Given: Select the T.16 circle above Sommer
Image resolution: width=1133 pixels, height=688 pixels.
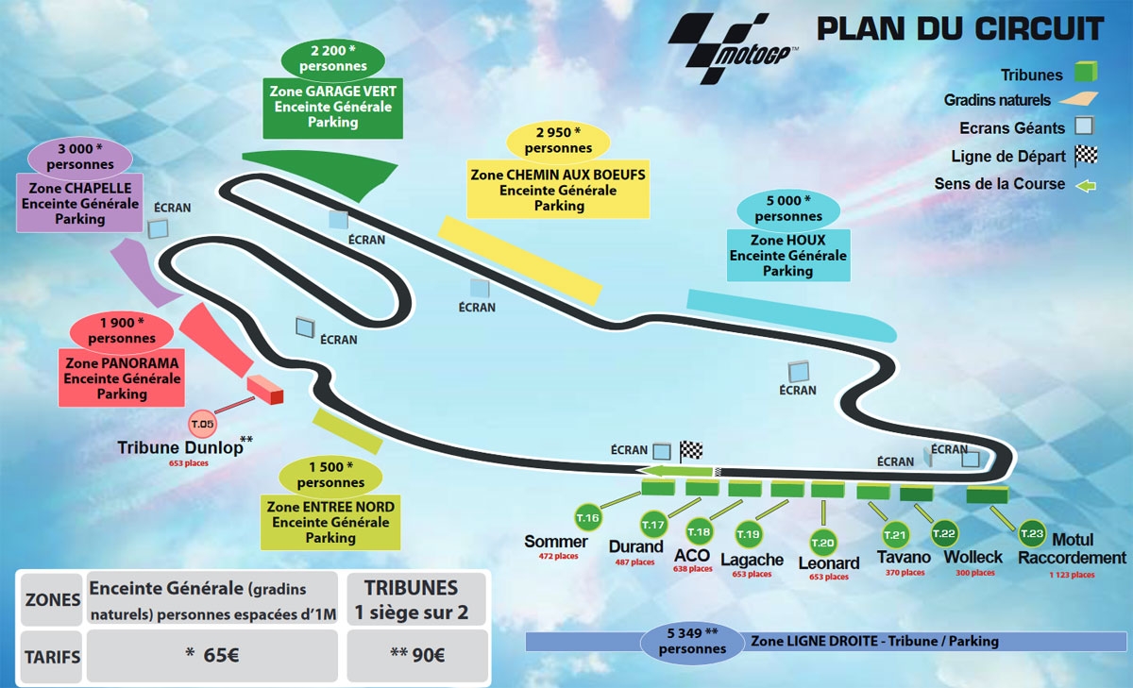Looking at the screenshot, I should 588,517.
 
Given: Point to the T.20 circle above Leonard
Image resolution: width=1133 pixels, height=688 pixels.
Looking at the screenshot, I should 823,542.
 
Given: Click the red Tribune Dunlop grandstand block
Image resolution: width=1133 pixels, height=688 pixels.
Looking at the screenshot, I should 265,390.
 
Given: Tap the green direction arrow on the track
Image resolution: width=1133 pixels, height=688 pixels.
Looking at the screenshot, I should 674,471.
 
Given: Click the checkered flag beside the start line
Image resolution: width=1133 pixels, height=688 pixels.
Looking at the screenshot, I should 692,450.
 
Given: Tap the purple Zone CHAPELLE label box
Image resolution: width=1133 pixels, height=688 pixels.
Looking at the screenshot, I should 79,203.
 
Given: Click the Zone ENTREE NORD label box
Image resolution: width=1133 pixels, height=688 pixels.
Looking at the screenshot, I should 330,522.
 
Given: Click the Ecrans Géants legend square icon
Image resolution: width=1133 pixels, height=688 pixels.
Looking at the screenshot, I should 1083,127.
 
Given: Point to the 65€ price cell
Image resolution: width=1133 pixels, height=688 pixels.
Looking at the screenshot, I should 211,654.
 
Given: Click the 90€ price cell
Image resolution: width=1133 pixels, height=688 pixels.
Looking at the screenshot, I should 417,654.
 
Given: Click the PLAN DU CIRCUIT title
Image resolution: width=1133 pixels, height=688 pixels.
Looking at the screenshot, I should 959,28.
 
